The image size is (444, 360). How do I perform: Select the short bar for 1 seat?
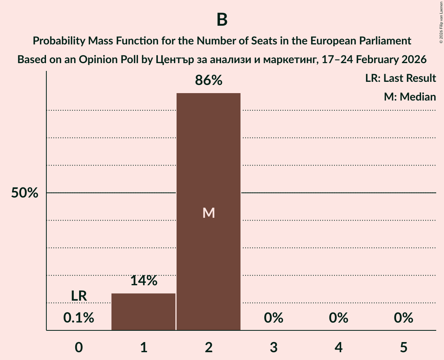[x=143, y=312]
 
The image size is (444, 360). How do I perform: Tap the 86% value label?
[x=209, y=80]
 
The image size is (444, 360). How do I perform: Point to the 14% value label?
[x=143, y=281]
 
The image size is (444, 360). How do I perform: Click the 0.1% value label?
[x=79, y=318]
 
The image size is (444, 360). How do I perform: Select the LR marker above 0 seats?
[x=79, y=296]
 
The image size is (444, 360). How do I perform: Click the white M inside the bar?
[x=209, y=213]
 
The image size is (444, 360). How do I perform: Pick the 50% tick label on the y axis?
[x=25, y=193]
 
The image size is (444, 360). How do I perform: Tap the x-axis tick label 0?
[x=79, y=347]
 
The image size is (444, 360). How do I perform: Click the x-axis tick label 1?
[x=143, y=347]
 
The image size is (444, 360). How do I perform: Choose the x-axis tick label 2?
[x=209, y=347]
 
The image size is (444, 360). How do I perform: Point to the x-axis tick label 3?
[x=273, y=347]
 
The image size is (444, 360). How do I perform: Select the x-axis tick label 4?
[x=338, y=347]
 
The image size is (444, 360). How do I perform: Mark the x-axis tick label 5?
[x=403, y=347]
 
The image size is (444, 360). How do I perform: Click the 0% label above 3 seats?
[x=273, y=318]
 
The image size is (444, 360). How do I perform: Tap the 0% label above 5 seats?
[x=403, y=318]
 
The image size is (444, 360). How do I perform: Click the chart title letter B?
[x=222, y=20]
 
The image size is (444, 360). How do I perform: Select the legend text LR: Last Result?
[x=400, y=78]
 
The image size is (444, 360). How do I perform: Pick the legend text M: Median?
[x=410, y=97]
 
